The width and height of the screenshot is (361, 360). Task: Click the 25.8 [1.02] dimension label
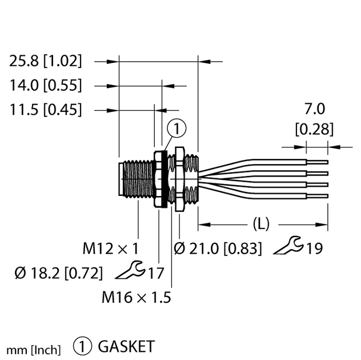46,61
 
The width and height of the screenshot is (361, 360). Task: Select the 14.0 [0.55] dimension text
46,86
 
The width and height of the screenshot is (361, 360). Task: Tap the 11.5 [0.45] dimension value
46,109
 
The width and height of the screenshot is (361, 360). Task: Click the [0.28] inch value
314,129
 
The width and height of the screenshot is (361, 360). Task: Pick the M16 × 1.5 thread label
137,297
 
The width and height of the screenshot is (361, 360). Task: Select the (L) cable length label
260,223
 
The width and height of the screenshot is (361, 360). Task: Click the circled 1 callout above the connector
178,130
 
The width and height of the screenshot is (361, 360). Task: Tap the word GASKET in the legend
126,346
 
